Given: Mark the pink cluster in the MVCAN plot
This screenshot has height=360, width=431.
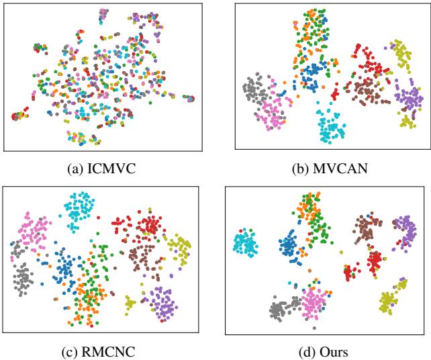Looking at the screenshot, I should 273,112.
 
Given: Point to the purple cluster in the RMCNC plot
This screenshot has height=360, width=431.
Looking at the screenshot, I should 163,302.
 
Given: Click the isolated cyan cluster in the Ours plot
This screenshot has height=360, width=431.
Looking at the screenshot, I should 245,244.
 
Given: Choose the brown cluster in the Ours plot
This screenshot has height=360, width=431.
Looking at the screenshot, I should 367,229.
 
